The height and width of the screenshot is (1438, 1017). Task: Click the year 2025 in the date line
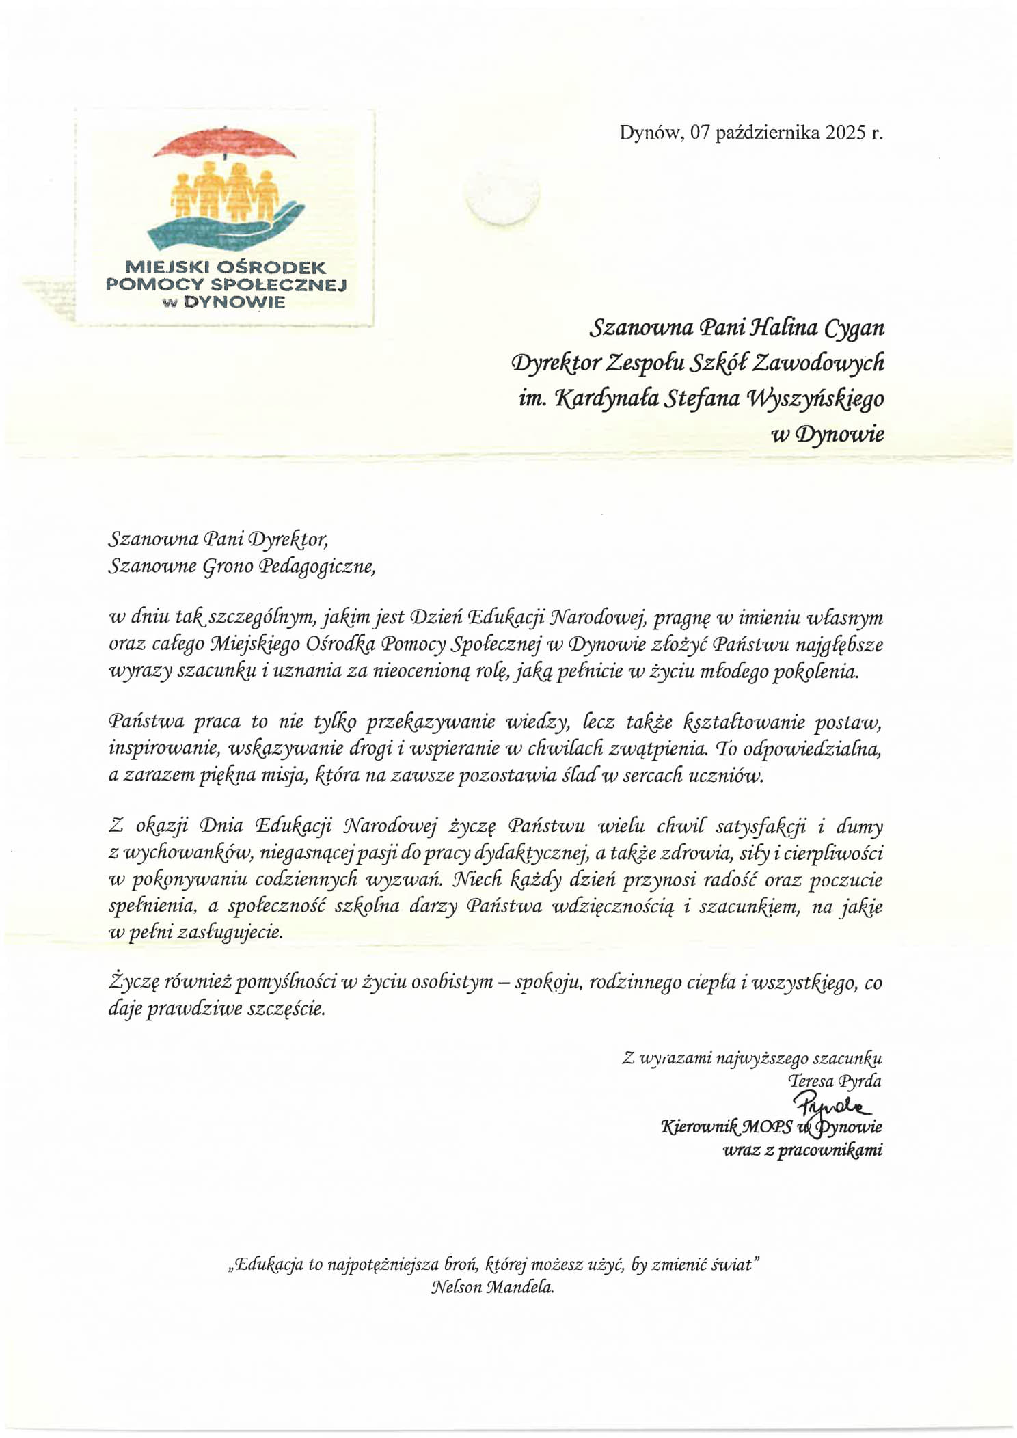coord(845,133)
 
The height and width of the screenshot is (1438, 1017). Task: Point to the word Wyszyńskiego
coord(817,398)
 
